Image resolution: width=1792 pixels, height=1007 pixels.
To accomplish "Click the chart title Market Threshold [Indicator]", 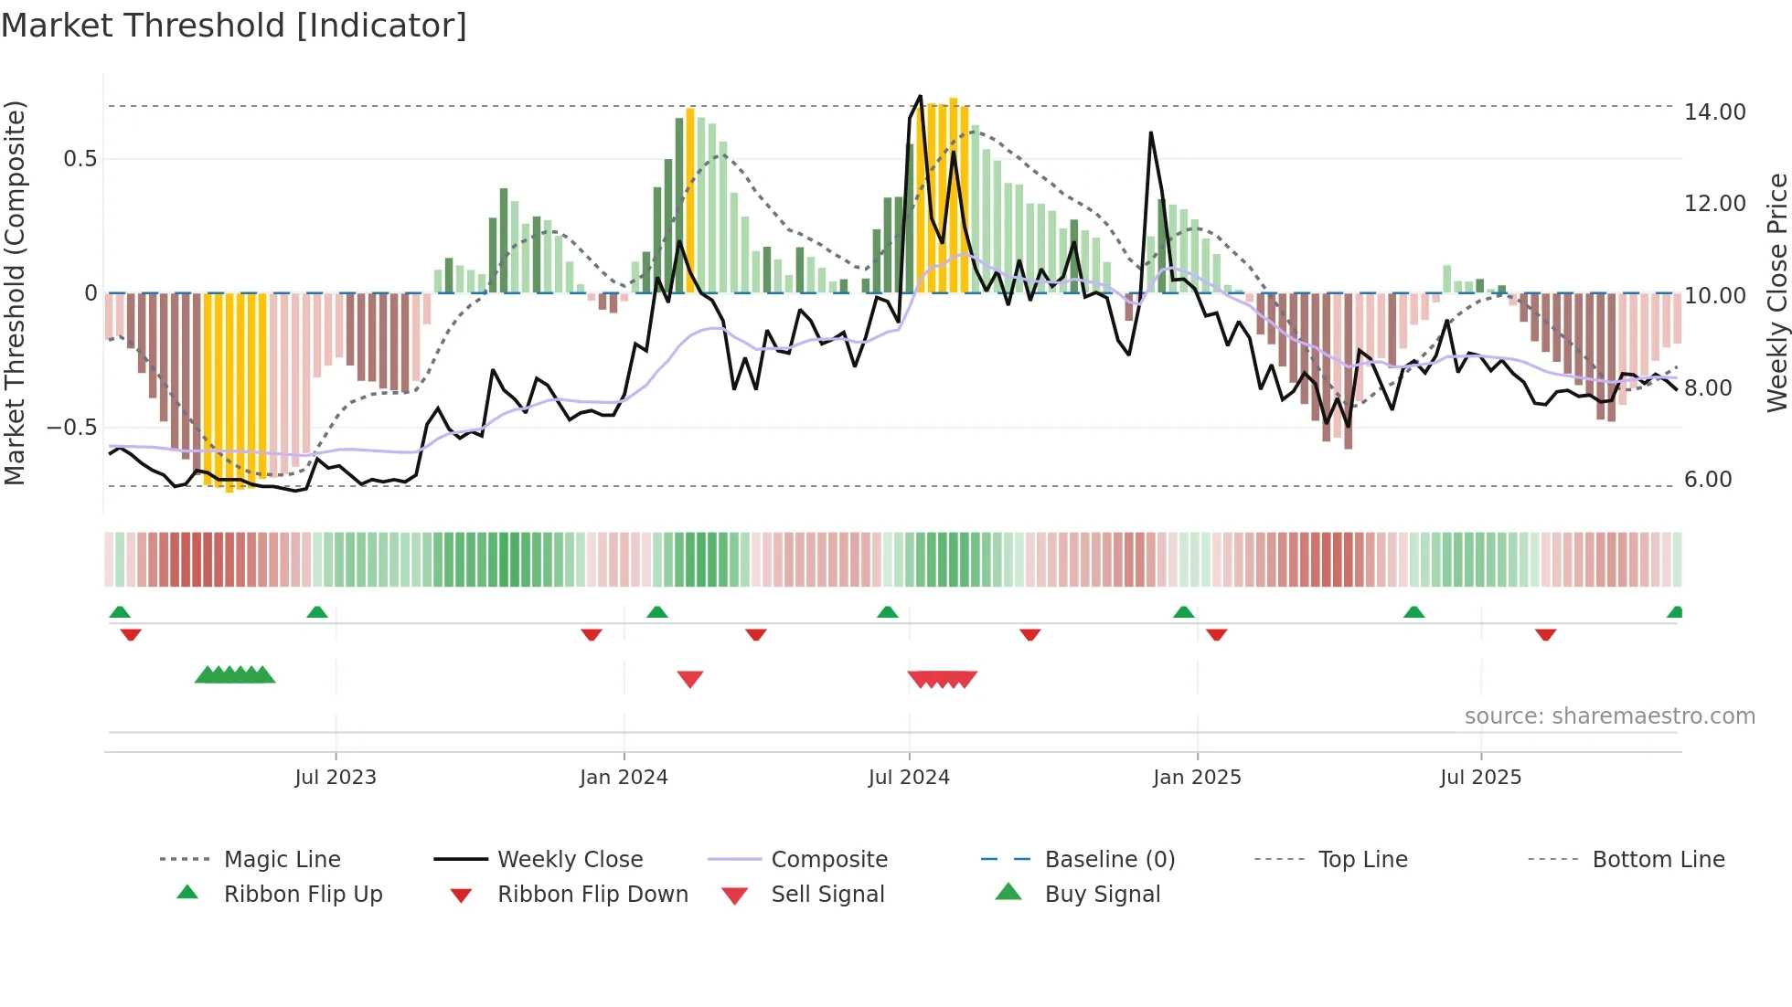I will click(234, 26).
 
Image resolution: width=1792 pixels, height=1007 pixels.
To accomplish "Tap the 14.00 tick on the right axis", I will click(1714, 112).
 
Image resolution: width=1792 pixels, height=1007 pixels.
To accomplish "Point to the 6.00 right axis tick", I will click(1708, 480).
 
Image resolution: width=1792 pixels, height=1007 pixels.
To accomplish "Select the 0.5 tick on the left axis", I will click(80, 159).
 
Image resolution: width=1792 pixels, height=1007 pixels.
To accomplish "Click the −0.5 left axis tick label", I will click(72, 428).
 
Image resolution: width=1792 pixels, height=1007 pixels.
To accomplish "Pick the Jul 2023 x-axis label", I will click(336, 778).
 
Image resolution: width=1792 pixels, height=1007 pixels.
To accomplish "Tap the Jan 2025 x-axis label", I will click(1197, 778).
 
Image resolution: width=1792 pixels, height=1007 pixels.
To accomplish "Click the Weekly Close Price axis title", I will click(1776, 292).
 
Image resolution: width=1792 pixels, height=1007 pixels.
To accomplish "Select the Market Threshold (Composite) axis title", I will click(15, 292).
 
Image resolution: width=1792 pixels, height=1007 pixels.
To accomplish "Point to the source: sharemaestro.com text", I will click(1609, 716).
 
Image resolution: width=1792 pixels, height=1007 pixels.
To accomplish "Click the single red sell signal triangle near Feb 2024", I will click(690, 679).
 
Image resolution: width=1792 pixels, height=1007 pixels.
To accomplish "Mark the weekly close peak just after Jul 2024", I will click(920, 96).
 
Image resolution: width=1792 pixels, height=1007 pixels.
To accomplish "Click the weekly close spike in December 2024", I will click(1151, 133).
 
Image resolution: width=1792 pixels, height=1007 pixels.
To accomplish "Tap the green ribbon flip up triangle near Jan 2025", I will click(1184, 612).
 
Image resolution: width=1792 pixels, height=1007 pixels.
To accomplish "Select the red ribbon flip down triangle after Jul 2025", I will click(1546, 635).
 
